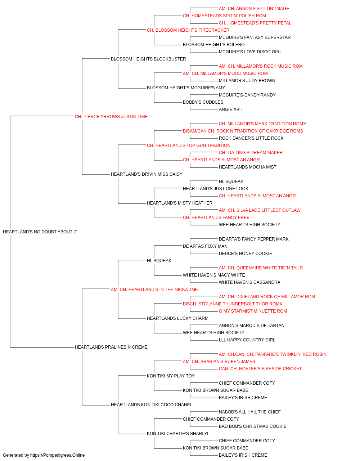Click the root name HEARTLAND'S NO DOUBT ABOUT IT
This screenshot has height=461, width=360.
pyautogui.click(x=40, y=232)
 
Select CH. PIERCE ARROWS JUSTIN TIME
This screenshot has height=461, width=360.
pyautogui.click(x=111, y=117)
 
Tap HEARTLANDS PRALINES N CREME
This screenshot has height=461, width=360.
pyautogui.click(x=111, y=347)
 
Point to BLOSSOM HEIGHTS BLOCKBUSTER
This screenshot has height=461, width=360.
pyautogui.click(x=148, y=59)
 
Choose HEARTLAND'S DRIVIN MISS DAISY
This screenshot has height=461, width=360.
pyautogui.click(x=147, y=174)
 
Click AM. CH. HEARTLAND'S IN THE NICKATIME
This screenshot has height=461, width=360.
pyautogui.click(x=154, y=289)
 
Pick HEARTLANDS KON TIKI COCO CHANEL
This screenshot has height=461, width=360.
pyautogui.click(x=152, y=404)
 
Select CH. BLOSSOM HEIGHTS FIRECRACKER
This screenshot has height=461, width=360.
pyautogui.click(x=188, y=30)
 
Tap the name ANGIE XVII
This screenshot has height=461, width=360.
pyautogui.click(x=230, y=109)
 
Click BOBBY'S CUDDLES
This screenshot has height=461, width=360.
pyautogui.click(x=203, y=102)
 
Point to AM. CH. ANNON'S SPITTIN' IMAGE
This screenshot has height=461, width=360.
pyautogui.click(x=254, y=9)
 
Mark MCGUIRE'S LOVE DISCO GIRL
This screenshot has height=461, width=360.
pyautogui.click(x=251, y=52)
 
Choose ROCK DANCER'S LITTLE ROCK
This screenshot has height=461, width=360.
pyautogui.click(x=251, y=138)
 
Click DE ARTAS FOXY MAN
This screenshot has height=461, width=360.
pyautogui.click(x=205, y=246)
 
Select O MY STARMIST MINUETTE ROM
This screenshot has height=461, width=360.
pyautogui.click(x=253, y=311)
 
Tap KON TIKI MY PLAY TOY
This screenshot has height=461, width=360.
pyautogui.click(x=171, y=376)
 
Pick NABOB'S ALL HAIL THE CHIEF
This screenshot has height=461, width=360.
pyautogui.click(x=250, y=412)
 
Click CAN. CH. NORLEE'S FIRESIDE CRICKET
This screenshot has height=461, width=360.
pyautogui.click(x=260, y=369)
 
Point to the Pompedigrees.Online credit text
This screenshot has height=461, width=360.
pyautogui.click(x=44, y=455)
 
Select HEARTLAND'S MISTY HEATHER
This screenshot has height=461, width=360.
pyautogui.click(x=180, y=203)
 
